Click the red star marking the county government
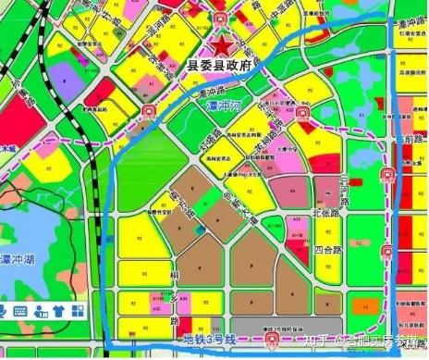pos(222,45)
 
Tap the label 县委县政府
pos(221,66)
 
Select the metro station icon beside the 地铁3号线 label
pos(270,341)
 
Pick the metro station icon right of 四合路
pos(386,251)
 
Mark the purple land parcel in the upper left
pos(59,70)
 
